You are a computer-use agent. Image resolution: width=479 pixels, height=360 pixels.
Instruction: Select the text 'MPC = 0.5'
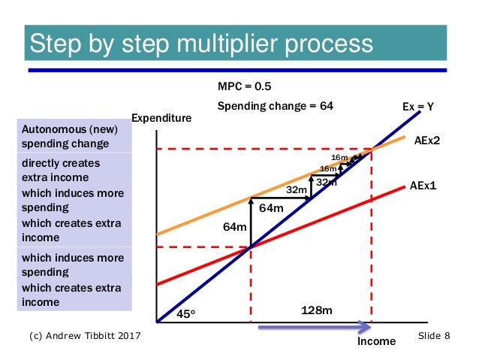(239, 86)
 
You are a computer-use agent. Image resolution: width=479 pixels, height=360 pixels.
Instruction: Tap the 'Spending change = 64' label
(275, 106)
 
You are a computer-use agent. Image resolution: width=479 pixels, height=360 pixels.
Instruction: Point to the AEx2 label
(427, 140)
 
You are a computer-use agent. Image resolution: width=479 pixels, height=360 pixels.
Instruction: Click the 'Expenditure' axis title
(161, 118)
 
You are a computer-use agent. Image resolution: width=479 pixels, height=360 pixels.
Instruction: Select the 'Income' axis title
(376, 341)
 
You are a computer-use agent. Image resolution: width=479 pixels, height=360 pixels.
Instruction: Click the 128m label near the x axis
(317, 310)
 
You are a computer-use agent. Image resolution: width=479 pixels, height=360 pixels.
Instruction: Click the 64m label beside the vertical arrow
(235, 226)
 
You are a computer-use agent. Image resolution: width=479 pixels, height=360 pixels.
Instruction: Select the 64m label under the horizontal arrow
(271, 208)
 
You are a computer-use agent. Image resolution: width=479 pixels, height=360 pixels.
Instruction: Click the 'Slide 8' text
(433, 335)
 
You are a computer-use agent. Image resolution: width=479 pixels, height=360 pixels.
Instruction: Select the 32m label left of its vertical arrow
(297, 190)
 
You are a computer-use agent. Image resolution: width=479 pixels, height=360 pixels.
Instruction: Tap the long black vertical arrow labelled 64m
(250, 222)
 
